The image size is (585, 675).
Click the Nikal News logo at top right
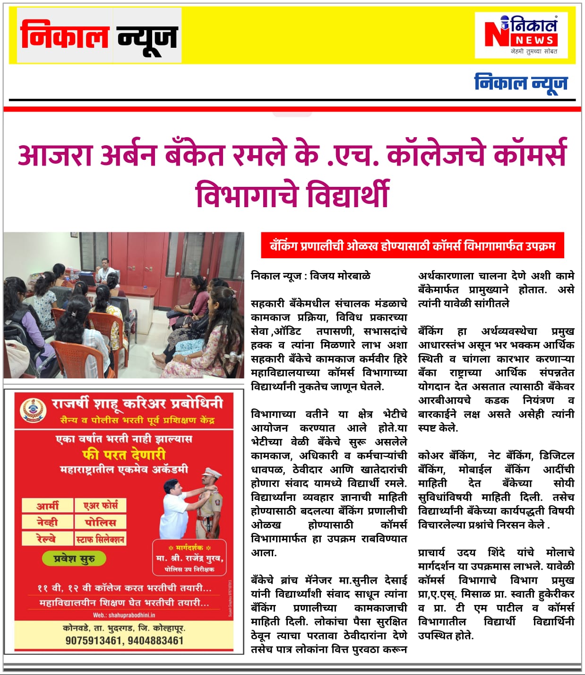tap(521, 35)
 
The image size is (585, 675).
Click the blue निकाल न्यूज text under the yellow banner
tap(521, 83)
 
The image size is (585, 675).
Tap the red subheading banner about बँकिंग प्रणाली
tap(412, 245)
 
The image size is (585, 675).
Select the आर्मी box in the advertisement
tap(48, 506)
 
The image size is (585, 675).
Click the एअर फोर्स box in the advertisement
tap(101, 506)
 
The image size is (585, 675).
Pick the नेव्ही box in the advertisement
tap(47, 522)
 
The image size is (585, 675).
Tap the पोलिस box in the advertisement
tap(100, 522)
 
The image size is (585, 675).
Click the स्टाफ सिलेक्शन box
tap(100, 539)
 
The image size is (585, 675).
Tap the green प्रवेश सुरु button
tap(74, 559)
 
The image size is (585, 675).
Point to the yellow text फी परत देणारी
tap(124, 455)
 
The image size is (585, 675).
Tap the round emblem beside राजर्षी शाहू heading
tap(33, 409)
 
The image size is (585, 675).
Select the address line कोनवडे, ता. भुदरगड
tap(124, 628)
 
